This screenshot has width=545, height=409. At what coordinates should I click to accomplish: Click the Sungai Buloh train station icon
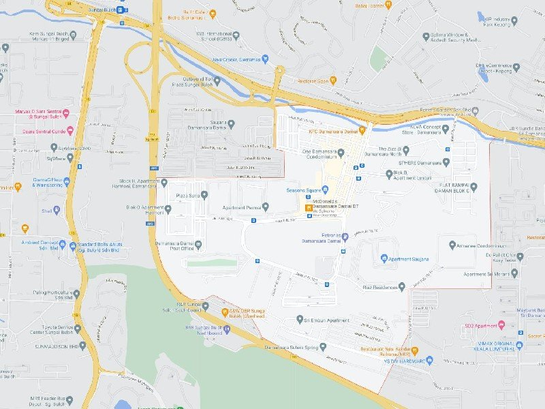pyautogui.click(x=121, y=10)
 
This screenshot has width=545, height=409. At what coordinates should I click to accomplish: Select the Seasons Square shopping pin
pyautogui.click(x=324, y=190)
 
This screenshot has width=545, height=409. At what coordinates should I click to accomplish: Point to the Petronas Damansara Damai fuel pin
pyautogui.click(x=345, y=237)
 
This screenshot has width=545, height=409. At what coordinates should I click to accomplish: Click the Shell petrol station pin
pyautogui.click(x=57, y=210)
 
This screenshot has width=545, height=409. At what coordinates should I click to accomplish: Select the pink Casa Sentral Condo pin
pyautogui.click(x=69, y=130)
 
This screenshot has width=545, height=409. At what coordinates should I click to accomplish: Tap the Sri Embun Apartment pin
pyautogui.click(x=300, y=319)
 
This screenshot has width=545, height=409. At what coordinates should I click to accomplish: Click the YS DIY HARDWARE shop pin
pyautogui.click(x=429, y=360)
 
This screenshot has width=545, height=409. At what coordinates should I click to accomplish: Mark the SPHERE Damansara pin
pyautogui.click(x=446, y=162)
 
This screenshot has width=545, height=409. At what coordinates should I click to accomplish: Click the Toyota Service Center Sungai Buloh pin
pyautogui.click(x=77, y=329)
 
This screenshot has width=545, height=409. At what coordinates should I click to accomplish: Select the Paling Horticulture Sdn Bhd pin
pyautogui.click(x=77, y=294)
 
